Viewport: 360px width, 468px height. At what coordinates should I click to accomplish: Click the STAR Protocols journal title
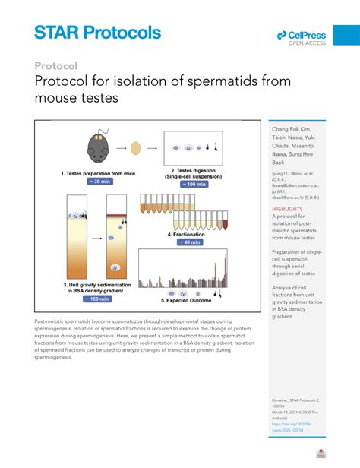[97, 32]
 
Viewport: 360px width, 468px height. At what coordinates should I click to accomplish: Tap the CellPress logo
[302, 35]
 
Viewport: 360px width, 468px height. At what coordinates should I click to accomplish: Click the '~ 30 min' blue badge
[97, 183]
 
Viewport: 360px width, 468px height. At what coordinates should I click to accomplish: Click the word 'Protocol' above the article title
[56, 65]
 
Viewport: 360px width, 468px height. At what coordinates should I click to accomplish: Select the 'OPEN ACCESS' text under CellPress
[307, 43]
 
